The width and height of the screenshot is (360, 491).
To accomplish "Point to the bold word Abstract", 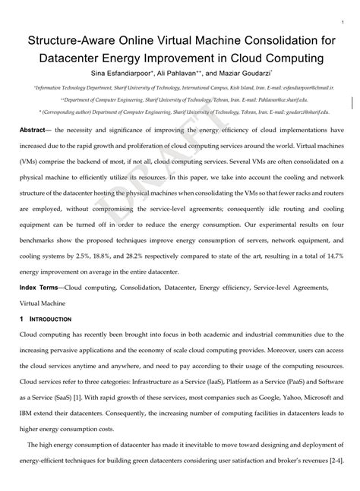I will coord(35,130).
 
